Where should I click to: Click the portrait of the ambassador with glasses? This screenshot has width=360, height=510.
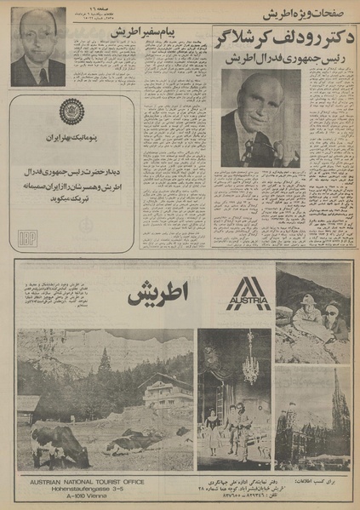tap(37, 47)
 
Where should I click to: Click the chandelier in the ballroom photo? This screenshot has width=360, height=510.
tap(249, 368)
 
